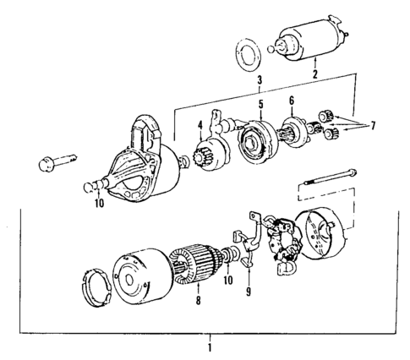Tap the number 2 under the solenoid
click(x=314, y=75)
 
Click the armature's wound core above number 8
click(x=193, y=261)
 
